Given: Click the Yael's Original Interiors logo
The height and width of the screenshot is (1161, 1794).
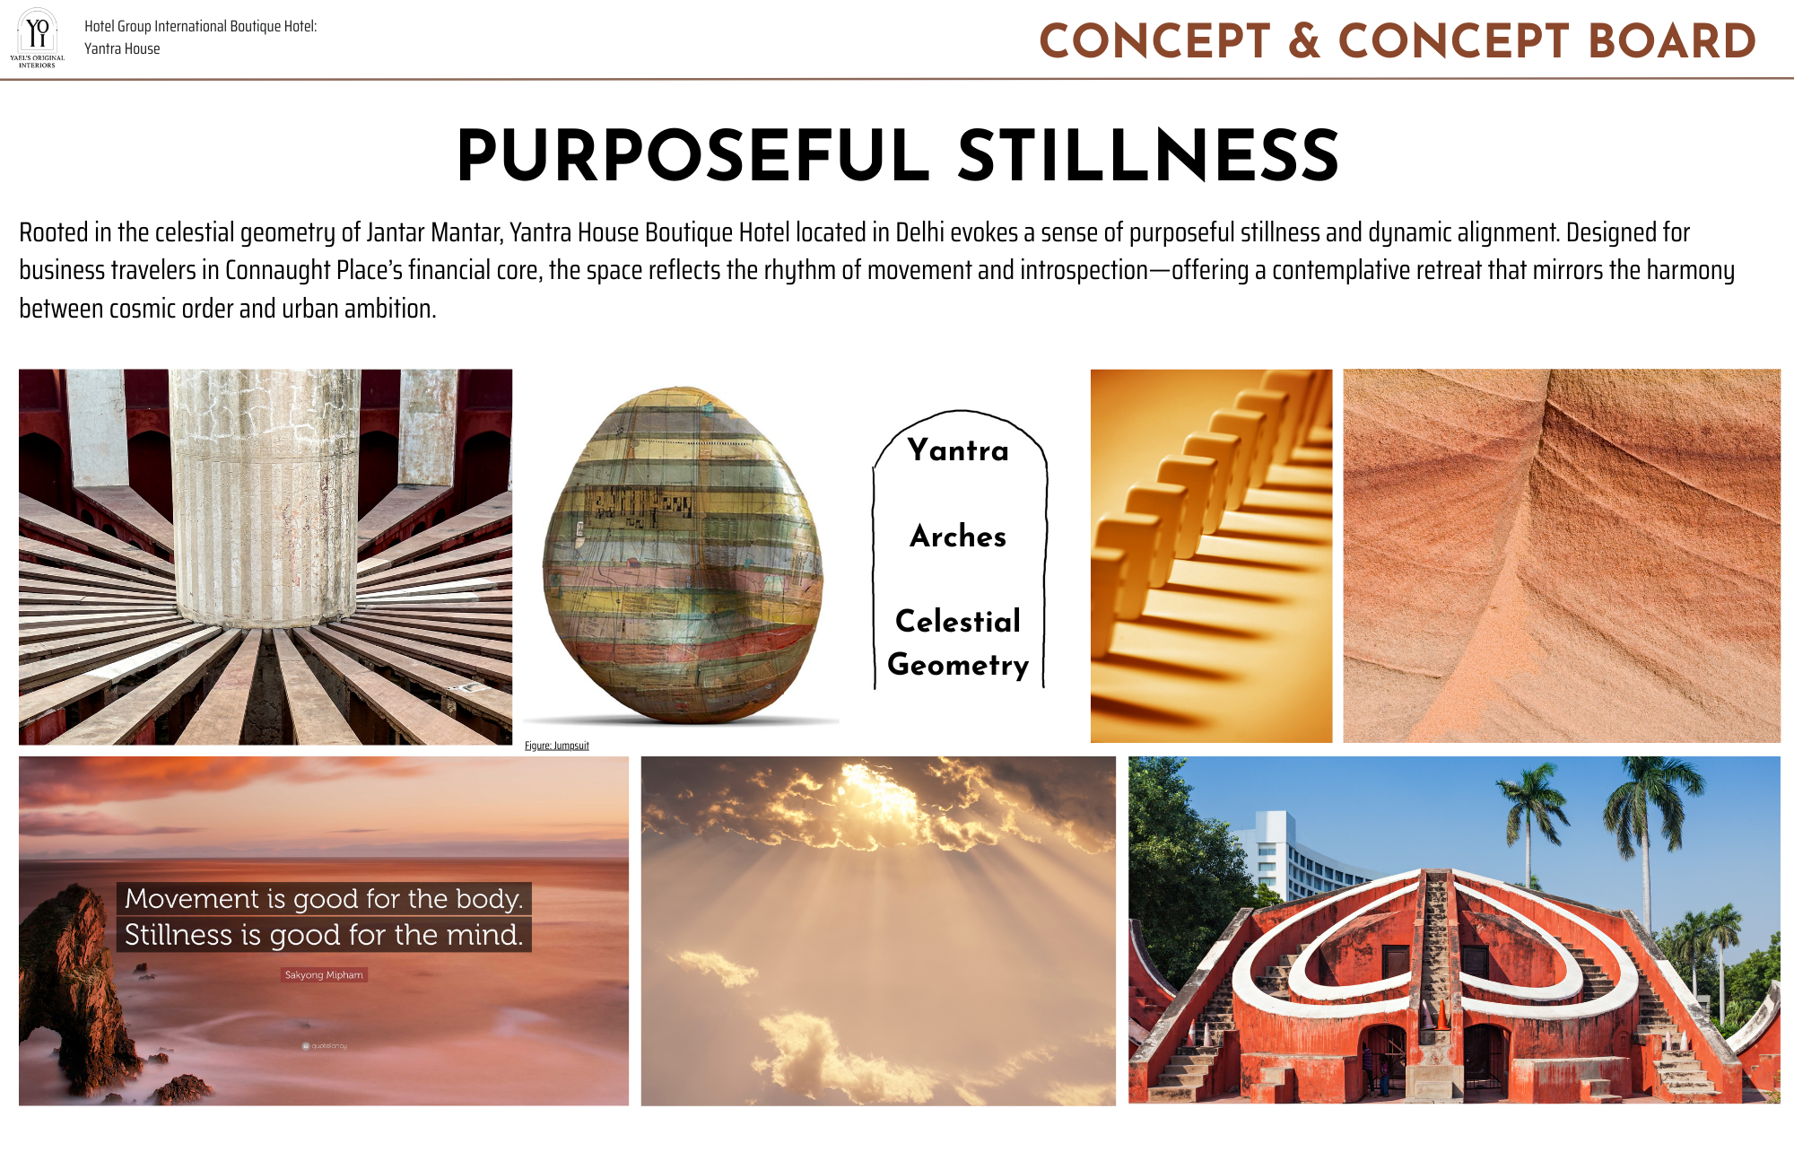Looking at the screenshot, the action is (x=37, y=39).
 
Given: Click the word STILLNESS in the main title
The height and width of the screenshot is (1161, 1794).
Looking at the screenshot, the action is (x=1149, y=155).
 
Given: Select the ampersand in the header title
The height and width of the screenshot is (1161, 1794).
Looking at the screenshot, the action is (x=1304, y=41).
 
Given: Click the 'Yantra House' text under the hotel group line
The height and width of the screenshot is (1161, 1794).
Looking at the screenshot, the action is (x=122, y=48).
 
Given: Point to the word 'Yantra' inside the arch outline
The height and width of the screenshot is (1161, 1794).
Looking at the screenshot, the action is (x=958, y=450).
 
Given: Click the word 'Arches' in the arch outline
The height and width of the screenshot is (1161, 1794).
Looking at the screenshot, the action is (x=958, y=536).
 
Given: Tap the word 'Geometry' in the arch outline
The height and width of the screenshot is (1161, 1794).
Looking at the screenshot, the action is (x=958, y=665).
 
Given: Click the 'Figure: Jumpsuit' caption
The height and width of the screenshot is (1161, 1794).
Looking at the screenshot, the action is (x=557, y=746).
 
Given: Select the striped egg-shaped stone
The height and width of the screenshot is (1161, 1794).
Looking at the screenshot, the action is (x=683, y=554).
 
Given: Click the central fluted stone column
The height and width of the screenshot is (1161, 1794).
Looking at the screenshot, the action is (x=266, y=498).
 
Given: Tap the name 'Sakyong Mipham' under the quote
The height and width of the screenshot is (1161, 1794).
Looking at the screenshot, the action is (x=324, y=974).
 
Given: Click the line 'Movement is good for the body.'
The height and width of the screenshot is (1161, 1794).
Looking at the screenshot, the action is (x=324, y=898).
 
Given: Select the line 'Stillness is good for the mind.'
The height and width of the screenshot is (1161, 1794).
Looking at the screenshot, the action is (x=324, y=935).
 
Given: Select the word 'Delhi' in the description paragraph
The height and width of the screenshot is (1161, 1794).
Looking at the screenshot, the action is (x=919, y=233).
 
